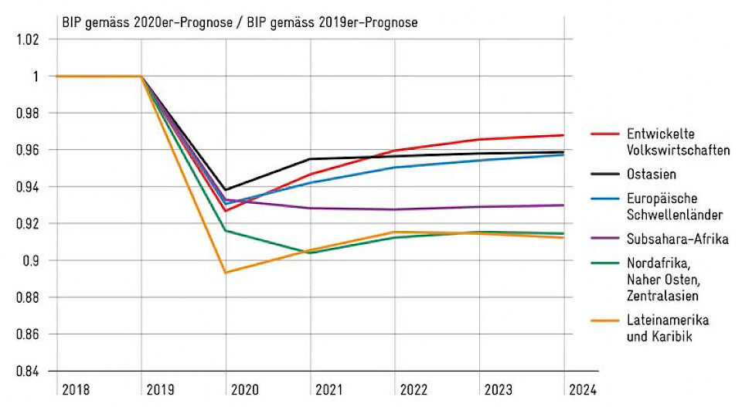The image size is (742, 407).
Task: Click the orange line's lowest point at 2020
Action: (x=226, y=273)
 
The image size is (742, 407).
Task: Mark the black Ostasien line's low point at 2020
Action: (x=226, y=189)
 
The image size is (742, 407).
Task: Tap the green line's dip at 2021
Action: (x=311, y=253)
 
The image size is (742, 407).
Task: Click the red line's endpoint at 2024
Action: (x=563, y=135)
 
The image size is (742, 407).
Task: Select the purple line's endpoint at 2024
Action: (x=563, y=205)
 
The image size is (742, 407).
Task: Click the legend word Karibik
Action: (x=672, y=336)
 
